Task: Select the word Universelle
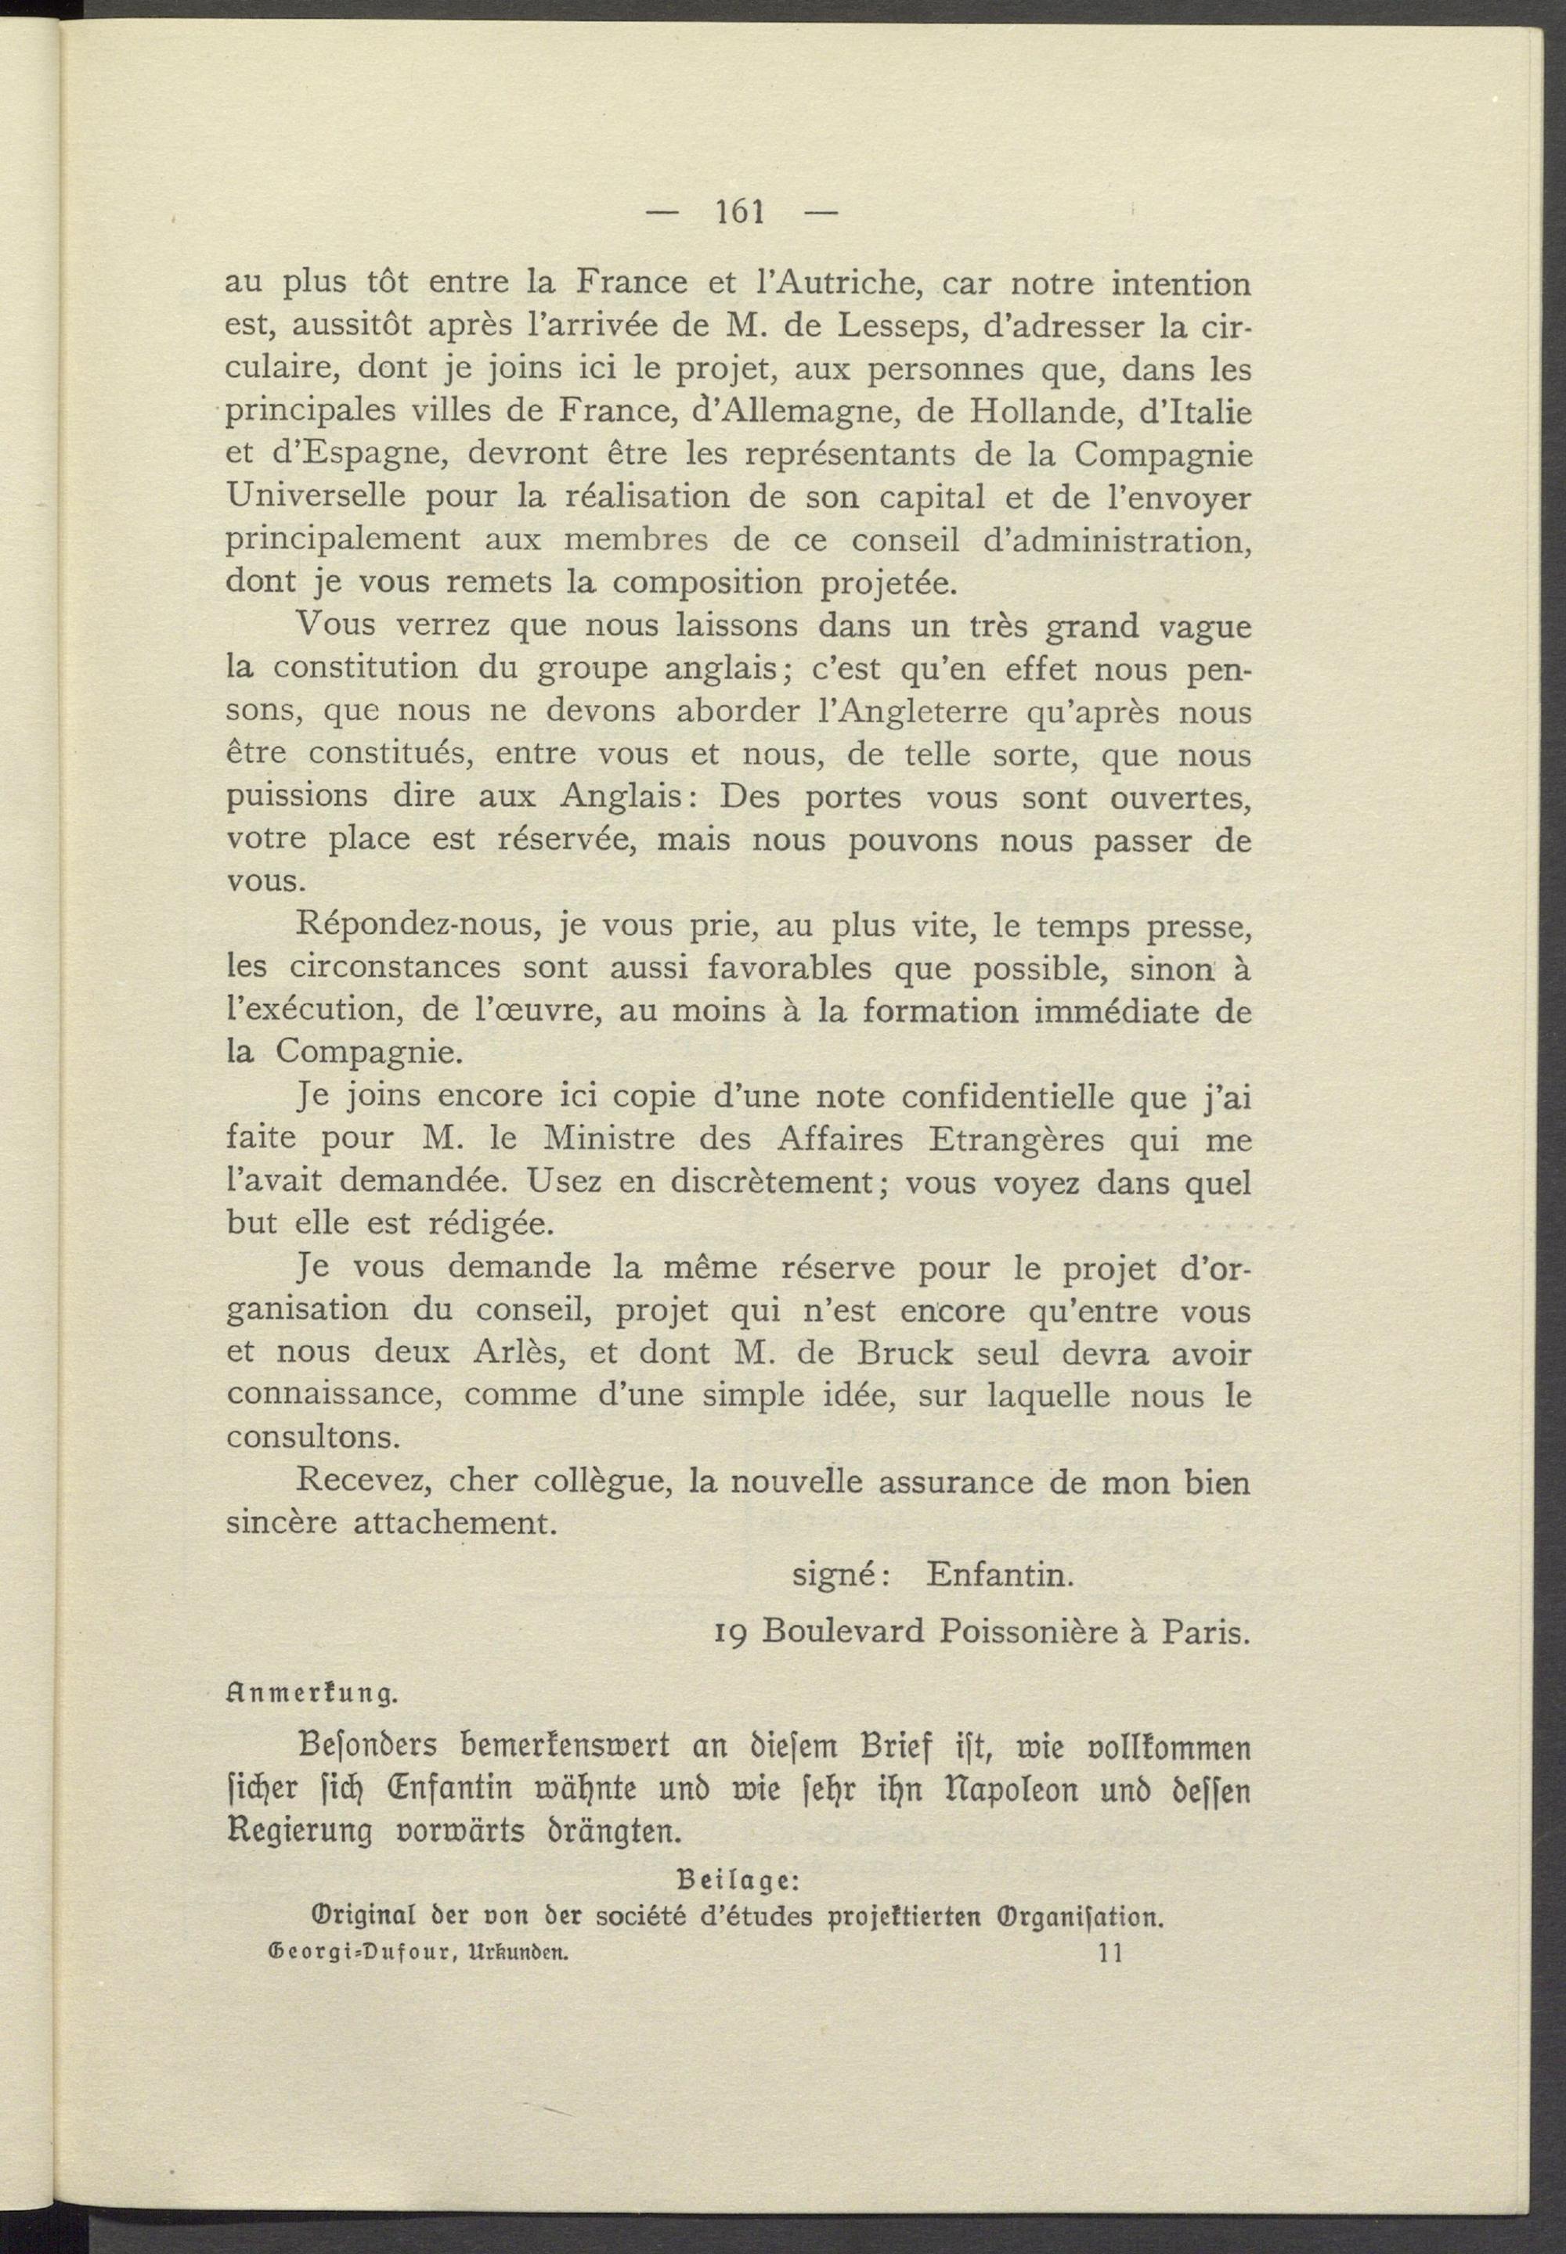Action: point(316,497)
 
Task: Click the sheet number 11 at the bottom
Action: point(1111,1952)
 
